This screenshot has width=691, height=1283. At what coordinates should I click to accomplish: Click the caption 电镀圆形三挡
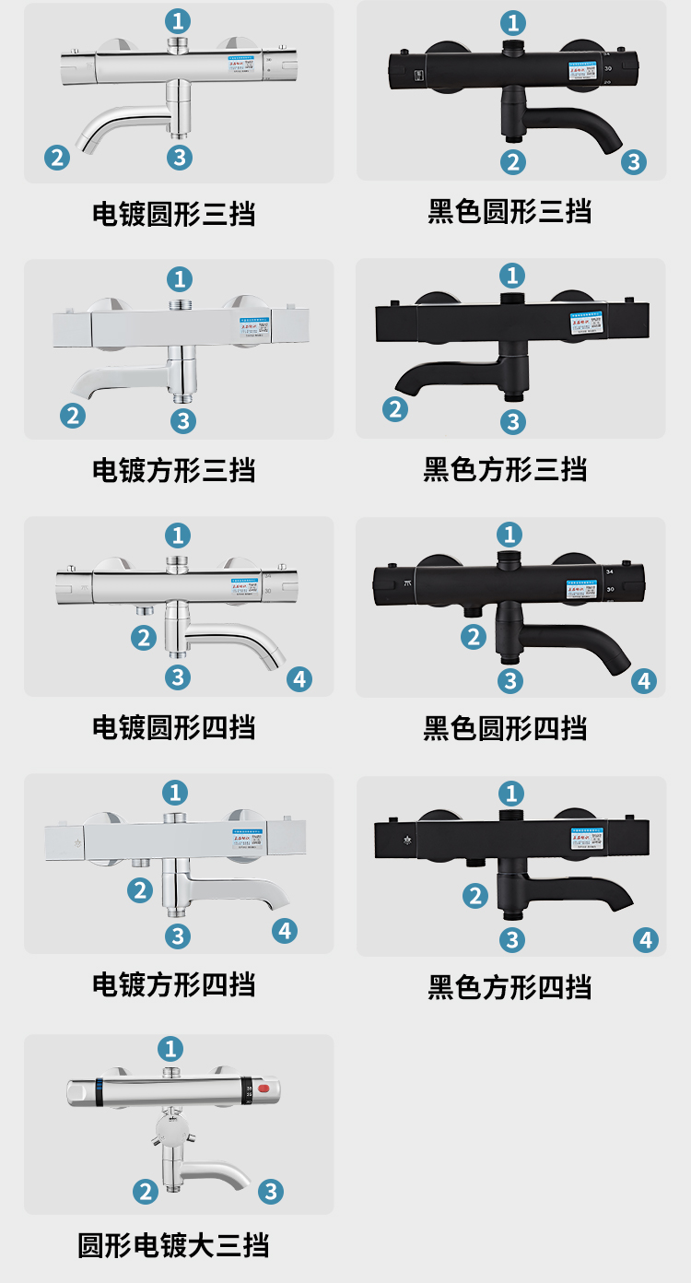click(x=173, y=214)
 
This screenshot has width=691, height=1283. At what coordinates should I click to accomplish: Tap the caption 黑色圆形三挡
click(x=509, y=211)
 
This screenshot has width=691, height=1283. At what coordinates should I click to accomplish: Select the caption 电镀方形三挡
click(x=173, y=470)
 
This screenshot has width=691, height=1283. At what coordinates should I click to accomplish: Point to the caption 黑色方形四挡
click(x=509, y=987)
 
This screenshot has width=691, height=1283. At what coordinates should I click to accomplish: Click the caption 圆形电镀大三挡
click(x=173, y=1245)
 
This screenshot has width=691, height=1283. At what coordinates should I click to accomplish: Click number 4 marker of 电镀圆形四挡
click(x=299, y=679)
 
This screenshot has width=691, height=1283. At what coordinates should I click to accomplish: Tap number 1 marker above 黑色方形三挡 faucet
click(x=512, y=275)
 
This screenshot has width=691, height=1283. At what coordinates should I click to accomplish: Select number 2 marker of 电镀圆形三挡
click(x=57, y=158)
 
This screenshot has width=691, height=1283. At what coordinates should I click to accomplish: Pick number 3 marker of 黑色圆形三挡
click(x=633, y=162)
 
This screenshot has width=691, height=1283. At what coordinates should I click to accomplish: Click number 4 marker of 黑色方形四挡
click(x=646, y=939)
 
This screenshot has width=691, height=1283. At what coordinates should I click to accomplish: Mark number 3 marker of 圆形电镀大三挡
click(x=270, y=1192)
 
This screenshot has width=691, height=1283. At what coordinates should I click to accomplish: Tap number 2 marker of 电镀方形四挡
click(x=140, y=890)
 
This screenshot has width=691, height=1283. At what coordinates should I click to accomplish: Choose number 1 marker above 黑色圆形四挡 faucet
click(x=509, y=534)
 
